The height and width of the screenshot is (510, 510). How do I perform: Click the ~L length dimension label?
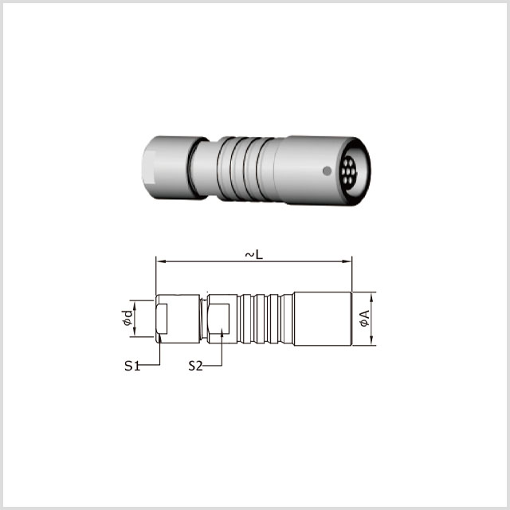(x=253, y=254)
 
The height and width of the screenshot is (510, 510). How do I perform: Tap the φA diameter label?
(x=365, y=319)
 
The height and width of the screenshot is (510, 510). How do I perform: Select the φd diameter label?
(x=127, y=318)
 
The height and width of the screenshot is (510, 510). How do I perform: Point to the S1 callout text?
(x=132, y=366)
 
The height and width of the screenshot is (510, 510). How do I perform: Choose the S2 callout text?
(x=195, y=366)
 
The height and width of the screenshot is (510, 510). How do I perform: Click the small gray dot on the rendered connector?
(x=327, y=171)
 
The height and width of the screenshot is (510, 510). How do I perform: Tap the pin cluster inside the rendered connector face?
(x=349, y=171)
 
